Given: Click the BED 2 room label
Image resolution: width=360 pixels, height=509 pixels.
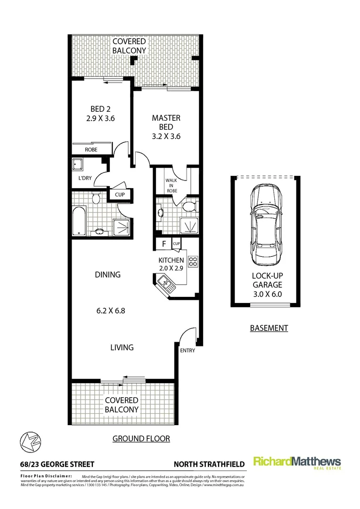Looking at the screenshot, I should click(x=100, y=109).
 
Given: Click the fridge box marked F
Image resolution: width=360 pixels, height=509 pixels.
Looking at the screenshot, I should click(x=164, y=244).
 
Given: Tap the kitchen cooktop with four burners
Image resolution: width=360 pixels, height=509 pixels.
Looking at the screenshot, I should click(x=193, y=262).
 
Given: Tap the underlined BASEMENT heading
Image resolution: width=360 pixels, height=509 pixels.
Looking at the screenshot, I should click(x=269, y=328).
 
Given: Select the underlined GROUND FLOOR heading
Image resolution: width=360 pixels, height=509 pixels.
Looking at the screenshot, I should click(x=141, y=439).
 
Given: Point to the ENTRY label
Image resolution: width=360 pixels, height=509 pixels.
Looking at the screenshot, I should click(x=187, y=351).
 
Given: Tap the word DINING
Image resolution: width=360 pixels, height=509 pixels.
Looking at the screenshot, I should click(x=107, y=275).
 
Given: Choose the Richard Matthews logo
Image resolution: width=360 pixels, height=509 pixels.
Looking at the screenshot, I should click(x=297, y=462).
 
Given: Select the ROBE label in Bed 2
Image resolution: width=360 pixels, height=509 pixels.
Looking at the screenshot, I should click(x=91, y=149).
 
